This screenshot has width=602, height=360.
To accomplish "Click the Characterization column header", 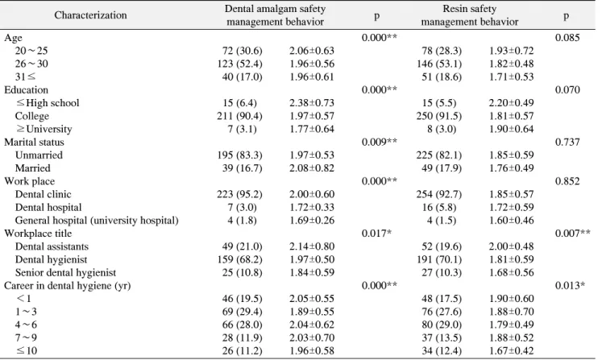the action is pos(90,15).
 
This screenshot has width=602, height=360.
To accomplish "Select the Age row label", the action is pos(13,38).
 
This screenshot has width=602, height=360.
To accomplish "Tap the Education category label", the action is pos(26,90).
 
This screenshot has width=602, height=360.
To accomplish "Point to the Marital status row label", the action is pos(34,142).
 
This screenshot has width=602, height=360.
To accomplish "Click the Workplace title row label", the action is pos(38,234).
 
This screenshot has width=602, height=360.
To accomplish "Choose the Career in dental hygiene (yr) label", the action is pos(67,286).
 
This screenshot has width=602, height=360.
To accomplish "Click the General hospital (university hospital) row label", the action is pos(97,221).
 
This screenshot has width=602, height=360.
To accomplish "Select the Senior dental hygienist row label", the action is pos(65,272).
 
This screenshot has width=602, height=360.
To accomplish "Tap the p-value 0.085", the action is pos(567,38).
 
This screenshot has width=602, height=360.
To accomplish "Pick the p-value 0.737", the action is pos(567,142).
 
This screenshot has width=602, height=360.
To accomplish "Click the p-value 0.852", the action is pos(567,181).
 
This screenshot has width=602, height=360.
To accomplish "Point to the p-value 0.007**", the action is pos(572,234).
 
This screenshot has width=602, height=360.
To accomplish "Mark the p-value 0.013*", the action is pos(570,286).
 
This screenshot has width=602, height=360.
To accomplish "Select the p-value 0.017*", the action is pos(376,234).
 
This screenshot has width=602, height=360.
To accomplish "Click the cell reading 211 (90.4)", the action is pos(239,116).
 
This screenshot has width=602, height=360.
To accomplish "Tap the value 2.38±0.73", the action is pos(312,103).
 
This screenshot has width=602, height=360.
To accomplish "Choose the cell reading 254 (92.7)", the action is pos(439,194).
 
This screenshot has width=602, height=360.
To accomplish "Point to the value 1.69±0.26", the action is pos(312,221).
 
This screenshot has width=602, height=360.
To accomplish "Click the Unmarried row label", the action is pos(39,155).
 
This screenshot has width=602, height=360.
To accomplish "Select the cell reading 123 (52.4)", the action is pos(239,64).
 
